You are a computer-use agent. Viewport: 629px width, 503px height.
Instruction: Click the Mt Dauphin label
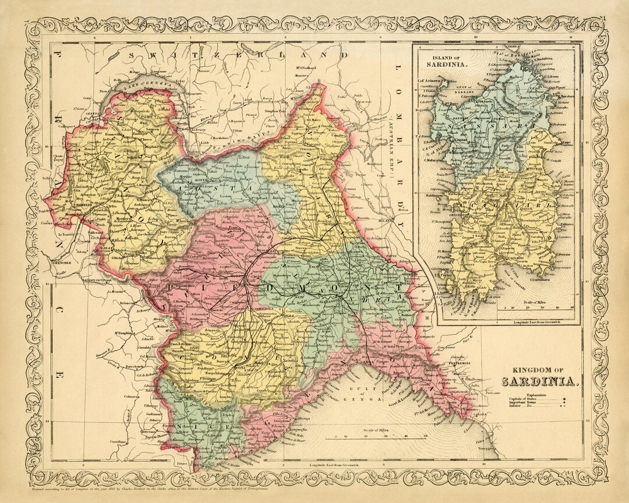[x=122, y=333]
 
